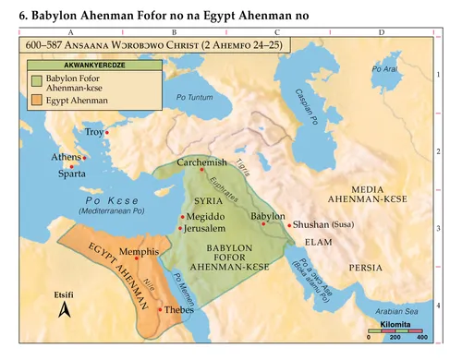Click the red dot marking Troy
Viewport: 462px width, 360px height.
pyautogui.click(x=107, y=133)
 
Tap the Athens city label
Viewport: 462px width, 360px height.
pyautogui.click(x=65, y=158)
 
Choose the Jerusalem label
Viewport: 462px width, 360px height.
pyautogui.click(x=205, y=227)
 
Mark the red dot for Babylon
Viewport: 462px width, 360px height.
pyautogui.click(x=268, y=225)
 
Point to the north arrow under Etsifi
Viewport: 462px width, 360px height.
pyautogui.click(x=64, y=311)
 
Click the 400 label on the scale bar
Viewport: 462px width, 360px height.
pyautogui.click(x=422, y=342)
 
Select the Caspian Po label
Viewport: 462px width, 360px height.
pyautogui.click(x=306, y=108)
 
